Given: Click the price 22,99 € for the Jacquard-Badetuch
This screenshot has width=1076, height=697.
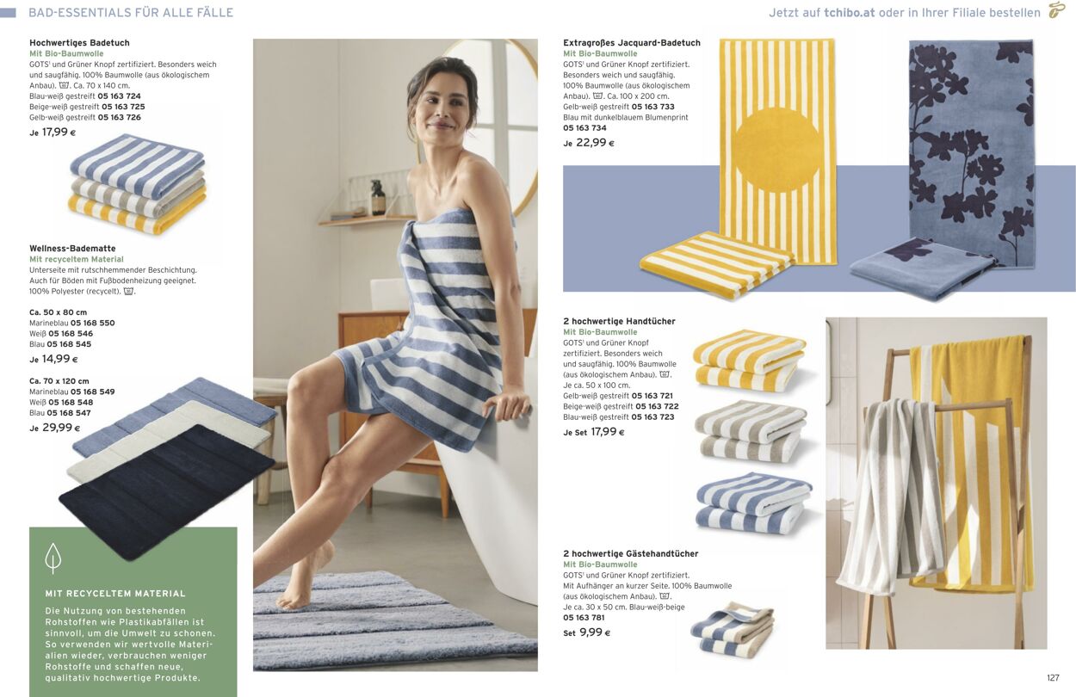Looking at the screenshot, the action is (595, 143).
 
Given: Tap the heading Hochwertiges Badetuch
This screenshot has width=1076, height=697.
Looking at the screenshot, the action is (79, 43).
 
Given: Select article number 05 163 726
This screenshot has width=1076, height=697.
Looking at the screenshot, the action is (119, 117).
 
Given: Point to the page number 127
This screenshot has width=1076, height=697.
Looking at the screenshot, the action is (1053, 678).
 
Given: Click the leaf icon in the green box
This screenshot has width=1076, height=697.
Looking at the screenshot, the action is (53, 558).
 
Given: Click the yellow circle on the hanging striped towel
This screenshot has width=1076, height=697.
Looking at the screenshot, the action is (777, 150).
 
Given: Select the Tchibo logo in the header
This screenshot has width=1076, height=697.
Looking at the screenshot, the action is (1056, 10).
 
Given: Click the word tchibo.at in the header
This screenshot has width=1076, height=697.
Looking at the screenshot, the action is (850, 13).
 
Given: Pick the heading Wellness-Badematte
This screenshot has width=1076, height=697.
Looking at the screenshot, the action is (72, 248).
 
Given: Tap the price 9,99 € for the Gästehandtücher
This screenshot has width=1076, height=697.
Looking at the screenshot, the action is (595, 632).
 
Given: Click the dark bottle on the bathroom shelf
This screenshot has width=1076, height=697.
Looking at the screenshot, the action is (378, 197).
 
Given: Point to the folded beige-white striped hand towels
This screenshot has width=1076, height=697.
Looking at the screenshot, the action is (751, 432).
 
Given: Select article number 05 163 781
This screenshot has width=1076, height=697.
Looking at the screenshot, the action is (584, 617).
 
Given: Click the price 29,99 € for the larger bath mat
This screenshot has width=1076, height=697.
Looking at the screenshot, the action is (61, 427).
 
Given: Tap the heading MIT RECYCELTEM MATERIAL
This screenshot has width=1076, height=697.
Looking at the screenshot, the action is (115, 594).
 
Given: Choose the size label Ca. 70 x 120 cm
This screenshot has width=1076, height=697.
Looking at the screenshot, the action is (59, 381).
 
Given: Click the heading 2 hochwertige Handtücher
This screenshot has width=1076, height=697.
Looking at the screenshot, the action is (619, 321).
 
